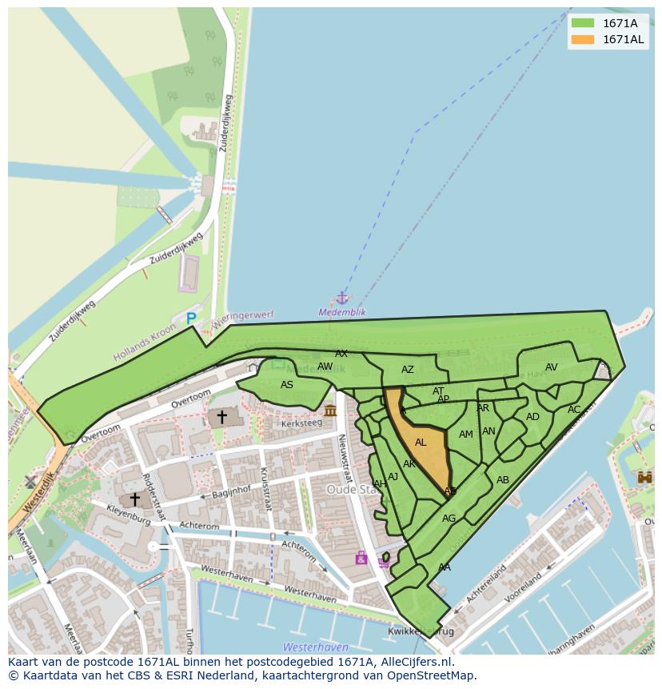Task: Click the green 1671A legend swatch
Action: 583,23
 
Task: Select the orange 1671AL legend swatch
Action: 583,39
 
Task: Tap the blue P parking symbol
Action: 191,318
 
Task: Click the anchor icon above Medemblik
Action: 342,298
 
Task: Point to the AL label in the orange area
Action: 421,443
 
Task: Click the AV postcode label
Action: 551,367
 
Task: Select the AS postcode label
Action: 287,385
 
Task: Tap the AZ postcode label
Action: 408,370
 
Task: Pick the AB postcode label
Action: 503,480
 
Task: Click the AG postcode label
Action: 449,519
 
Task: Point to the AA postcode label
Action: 445,567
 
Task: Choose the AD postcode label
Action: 532,417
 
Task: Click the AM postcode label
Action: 466,435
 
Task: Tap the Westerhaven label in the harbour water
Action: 315,647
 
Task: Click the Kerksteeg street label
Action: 301,423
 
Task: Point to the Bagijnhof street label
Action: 232,491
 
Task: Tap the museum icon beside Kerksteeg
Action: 330,411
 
